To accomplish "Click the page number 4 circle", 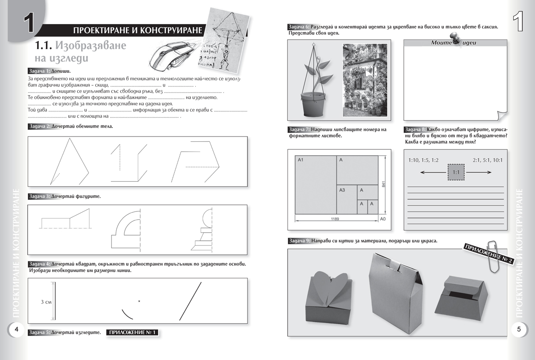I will point(16,329).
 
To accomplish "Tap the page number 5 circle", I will point(519,329).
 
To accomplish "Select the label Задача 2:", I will point(39,126).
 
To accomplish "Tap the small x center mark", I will point(139,302).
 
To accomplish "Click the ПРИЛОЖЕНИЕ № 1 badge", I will point(132,332).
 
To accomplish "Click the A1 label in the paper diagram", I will point(300,160).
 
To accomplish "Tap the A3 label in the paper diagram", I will point(342,190).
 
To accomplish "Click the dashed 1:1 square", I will point(456,172).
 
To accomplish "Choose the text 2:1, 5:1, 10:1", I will point(487,160).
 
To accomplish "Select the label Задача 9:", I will point(299,241).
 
